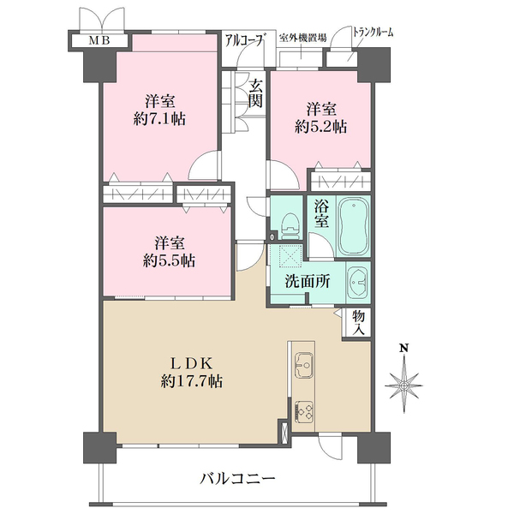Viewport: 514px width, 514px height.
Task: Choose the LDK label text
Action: tap(190, 362)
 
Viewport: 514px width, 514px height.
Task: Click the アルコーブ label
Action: tap(243, 38)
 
